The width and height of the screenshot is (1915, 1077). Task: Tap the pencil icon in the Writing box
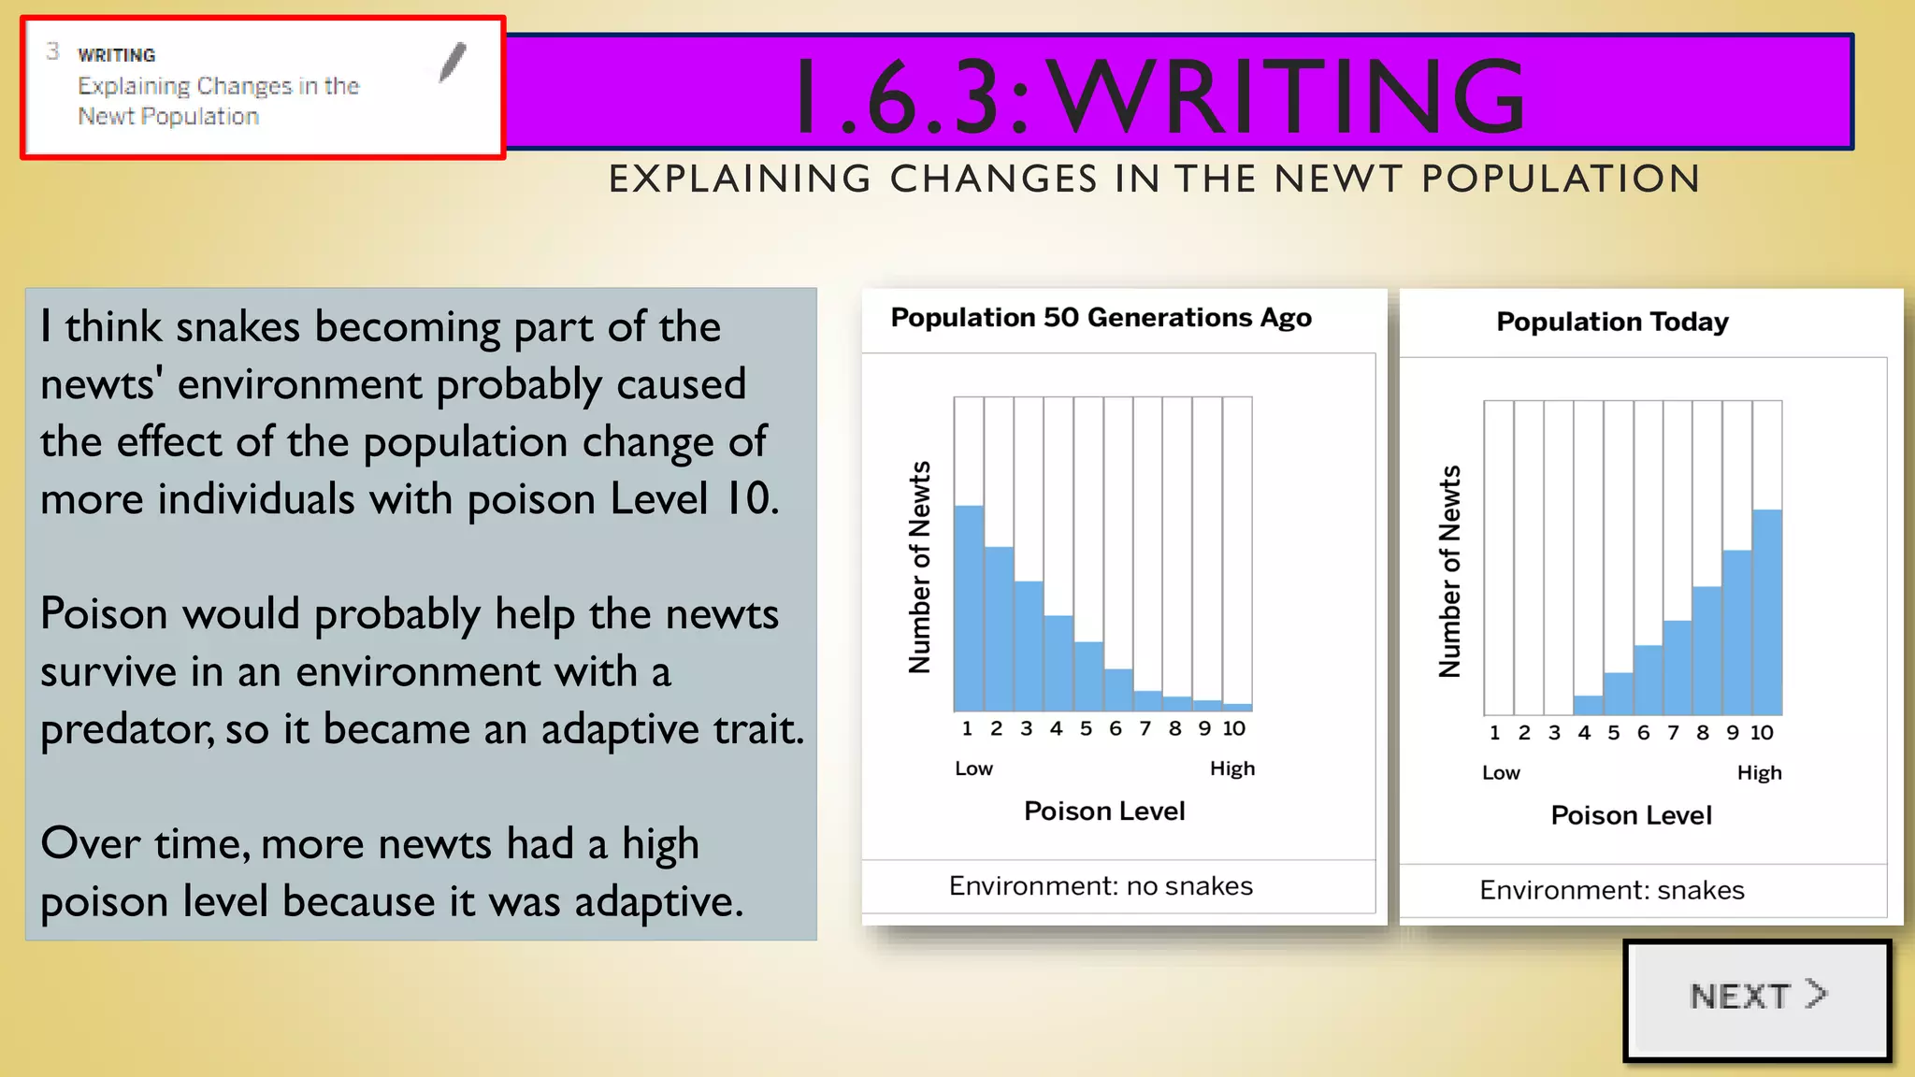click(x=453, y=63)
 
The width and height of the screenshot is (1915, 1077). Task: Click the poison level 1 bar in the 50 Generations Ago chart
click(x=969, y=608)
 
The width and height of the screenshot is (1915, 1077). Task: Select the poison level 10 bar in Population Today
click(x=1766, y=611)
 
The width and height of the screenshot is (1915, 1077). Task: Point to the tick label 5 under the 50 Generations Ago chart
click(x=1086, y=729)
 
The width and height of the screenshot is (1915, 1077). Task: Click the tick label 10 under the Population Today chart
click(x=1762, y=733)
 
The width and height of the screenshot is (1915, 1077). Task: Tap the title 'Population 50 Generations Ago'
click(x=1101, y=318)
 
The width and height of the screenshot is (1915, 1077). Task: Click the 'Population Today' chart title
click(x=1612, y=322)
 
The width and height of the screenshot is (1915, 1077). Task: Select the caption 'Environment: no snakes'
click(x=1101, y=885)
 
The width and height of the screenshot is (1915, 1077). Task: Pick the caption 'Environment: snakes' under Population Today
click(x=1612, y=890)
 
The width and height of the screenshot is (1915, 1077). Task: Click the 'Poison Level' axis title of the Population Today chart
click(x=1631, y=815)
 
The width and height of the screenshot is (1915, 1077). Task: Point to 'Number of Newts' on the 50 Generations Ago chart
click(x=920, y=567)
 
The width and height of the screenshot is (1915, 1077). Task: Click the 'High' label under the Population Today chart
click(x=1759, y=773)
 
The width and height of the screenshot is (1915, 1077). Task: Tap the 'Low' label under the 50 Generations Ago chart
click(x=973, y=768)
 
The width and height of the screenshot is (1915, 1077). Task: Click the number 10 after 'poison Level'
click(x=747, y=499)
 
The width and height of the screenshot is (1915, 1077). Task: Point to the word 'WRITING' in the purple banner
click(x=1289, y=95)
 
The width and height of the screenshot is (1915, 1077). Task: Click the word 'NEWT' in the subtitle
click(x=1338, y=179)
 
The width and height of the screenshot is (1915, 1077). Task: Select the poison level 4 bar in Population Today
click(x=1588, y=705)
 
